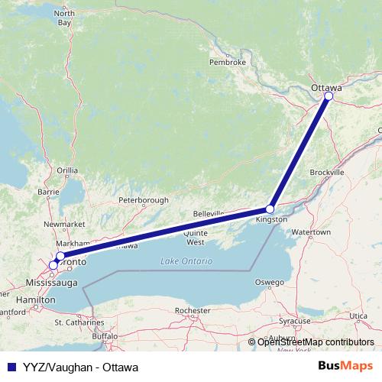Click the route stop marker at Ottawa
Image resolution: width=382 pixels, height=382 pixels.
(329, 96)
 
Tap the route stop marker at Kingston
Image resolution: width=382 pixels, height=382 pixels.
(270, 209)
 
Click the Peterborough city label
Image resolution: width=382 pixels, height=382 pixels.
(144, 200)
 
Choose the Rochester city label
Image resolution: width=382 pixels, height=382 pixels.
(192, 311)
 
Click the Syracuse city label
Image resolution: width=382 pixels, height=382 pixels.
(295, 321)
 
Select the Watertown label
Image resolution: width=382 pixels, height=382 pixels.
(311, 231)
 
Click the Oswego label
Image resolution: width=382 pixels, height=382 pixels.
(269, 282)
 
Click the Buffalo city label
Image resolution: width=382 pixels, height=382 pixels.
(105, 336)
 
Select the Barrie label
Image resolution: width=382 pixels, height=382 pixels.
(48, 192)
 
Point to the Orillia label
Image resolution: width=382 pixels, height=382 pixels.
(67, 170)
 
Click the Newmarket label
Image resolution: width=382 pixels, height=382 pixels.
(59, 224)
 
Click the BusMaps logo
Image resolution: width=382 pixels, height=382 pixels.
(345, 366)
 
